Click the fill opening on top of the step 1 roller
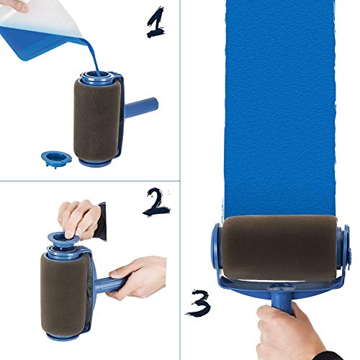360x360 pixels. coord(99,74)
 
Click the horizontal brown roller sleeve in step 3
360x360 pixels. coord(281,249)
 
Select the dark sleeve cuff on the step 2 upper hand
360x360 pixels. coord(101,220)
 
